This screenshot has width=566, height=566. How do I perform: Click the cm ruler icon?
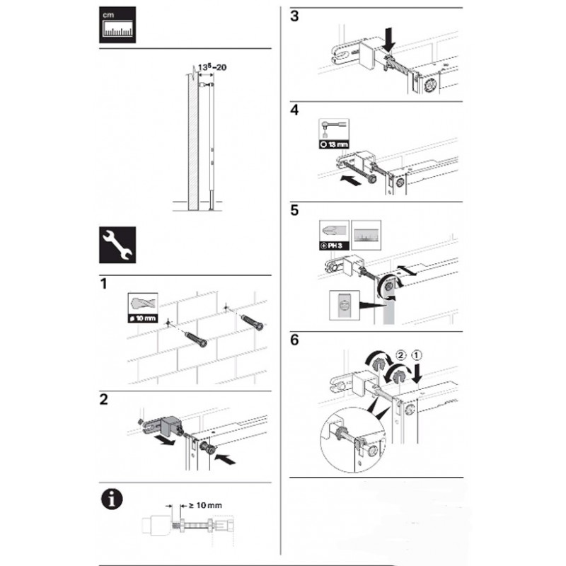click(x=117, y=25)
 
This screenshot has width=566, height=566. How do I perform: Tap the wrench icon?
click(x=117, y=245)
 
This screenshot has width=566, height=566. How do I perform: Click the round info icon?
click(x=112, y=499)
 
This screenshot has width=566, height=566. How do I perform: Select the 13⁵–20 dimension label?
click(x=212, y=67)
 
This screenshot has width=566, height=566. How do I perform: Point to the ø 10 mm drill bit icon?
click(x=143, y=308)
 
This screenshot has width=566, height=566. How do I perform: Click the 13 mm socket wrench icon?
click(x=334, y=134)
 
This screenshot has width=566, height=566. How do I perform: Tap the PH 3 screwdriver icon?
click(x=334, y=236)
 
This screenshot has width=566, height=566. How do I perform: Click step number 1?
click(x=104, y=284)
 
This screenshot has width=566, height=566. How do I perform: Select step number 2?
click(x=103, y=400)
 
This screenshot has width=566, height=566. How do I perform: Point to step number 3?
click(x=294, y=16)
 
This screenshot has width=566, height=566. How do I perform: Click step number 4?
click(x=294, y=110)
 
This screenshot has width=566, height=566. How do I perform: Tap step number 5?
click(x=294, y=210)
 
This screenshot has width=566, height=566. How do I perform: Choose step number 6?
click(x=294, y=340)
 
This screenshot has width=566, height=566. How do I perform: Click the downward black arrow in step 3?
click(x=389, y=42)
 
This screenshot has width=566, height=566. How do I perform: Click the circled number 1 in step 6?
click(x=416, y=355)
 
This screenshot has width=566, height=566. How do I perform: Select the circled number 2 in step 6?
click(x=400, y=355)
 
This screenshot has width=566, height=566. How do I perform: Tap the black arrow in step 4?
click(x=351, y=180)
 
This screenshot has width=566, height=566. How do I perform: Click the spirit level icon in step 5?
click(x=366, y=236)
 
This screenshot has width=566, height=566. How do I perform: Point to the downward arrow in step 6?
click(x=417, y=373)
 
